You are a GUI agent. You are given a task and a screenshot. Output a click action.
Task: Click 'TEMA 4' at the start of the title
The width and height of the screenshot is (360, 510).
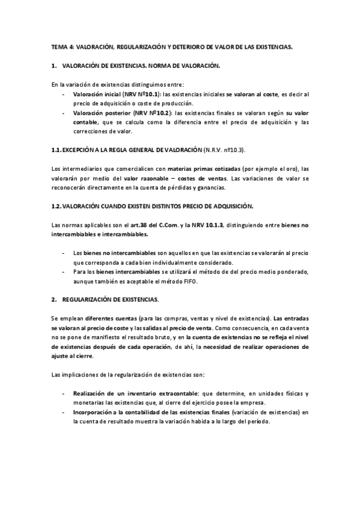pyautogui.click(x=59, y=46)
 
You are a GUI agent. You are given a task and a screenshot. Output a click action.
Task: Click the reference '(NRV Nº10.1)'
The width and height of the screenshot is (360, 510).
pyautogui.click(x=140, y=94)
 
